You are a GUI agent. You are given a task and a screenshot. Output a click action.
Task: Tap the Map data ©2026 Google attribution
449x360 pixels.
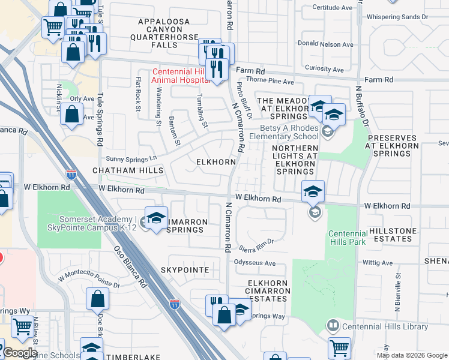tap(412, 355)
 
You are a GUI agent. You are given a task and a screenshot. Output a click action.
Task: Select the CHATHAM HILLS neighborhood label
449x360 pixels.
tap(128, 171)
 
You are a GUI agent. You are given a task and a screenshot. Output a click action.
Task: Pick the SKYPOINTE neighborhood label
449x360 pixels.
tap(185, 271)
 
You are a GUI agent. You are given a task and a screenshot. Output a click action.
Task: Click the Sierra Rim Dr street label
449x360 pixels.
tap(256, 241)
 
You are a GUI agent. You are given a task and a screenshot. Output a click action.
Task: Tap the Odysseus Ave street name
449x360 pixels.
tap(255, 263)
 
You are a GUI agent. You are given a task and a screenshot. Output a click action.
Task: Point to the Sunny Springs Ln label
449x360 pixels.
tap(131, 158)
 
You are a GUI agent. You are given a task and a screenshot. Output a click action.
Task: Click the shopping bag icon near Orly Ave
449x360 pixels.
tap(71, 114)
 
